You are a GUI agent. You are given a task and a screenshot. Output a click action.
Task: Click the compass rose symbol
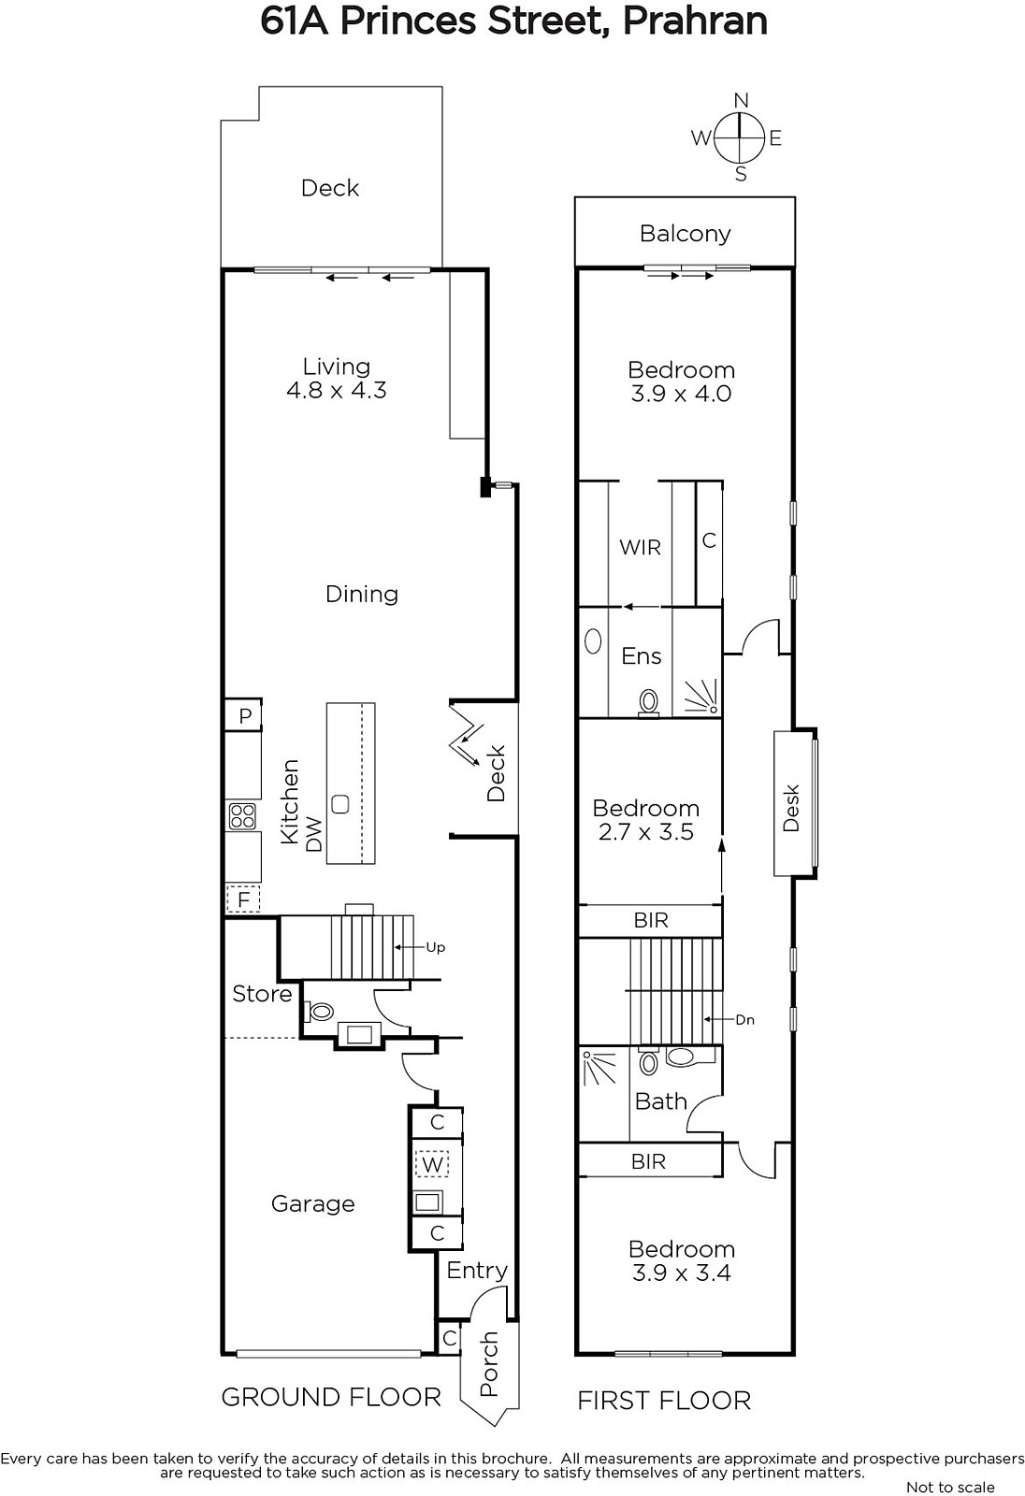[739, 137]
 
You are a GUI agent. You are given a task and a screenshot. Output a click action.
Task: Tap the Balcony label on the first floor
[685, 234]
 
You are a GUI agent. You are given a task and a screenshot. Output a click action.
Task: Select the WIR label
[640, 548]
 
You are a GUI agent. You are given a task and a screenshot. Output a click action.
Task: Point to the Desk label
[791, 808]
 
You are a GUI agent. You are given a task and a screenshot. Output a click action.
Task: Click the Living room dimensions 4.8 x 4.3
[336, 390]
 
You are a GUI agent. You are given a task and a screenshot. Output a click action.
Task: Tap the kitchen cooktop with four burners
[242, 815]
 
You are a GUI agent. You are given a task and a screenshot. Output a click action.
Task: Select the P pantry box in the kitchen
[243, 716]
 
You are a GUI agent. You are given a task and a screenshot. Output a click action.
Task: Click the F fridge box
[242, 899]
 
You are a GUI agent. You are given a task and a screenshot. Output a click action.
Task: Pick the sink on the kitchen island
[340, 803]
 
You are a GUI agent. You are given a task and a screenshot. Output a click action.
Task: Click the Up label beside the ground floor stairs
[436, 947]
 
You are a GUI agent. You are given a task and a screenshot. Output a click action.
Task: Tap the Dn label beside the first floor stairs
[745, 1020]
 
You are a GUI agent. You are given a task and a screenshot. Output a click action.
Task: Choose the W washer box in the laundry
[432, 1165]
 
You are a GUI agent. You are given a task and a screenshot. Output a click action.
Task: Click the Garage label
[312, 1204]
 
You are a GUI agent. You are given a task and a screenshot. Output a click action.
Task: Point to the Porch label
[490, 1364]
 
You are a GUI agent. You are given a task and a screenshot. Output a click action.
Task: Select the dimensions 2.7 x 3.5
[646, 832]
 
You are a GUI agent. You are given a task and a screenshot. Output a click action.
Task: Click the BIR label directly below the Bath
[648, 1161]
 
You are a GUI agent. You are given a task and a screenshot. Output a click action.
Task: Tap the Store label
[262, 994]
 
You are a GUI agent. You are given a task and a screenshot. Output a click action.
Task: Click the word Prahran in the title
[695, 22]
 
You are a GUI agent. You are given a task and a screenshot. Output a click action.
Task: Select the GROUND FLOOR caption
[331, 1397]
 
